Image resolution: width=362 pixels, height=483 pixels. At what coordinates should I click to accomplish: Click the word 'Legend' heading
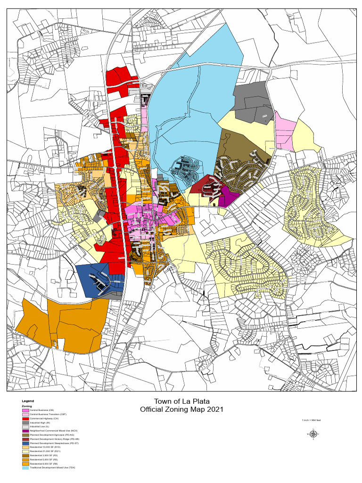(28, 401)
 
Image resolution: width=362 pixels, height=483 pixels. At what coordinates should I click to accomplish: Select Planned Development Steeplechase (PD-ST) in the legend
(55, 443)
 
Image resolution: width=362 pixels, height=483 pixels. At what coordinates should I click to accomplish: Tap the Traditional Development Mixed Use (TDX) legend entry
(52, 467)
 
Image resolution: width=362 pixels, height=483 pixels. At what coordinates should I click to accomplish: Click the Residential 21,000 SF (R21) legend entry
(48, 451)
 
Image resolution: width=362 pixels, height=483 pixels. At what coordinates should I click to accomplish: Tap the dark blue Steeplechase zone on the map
(94, 278)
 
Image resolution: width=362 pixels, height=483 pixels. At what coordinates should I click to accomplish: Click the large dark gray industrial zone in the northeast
(252, 101)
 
